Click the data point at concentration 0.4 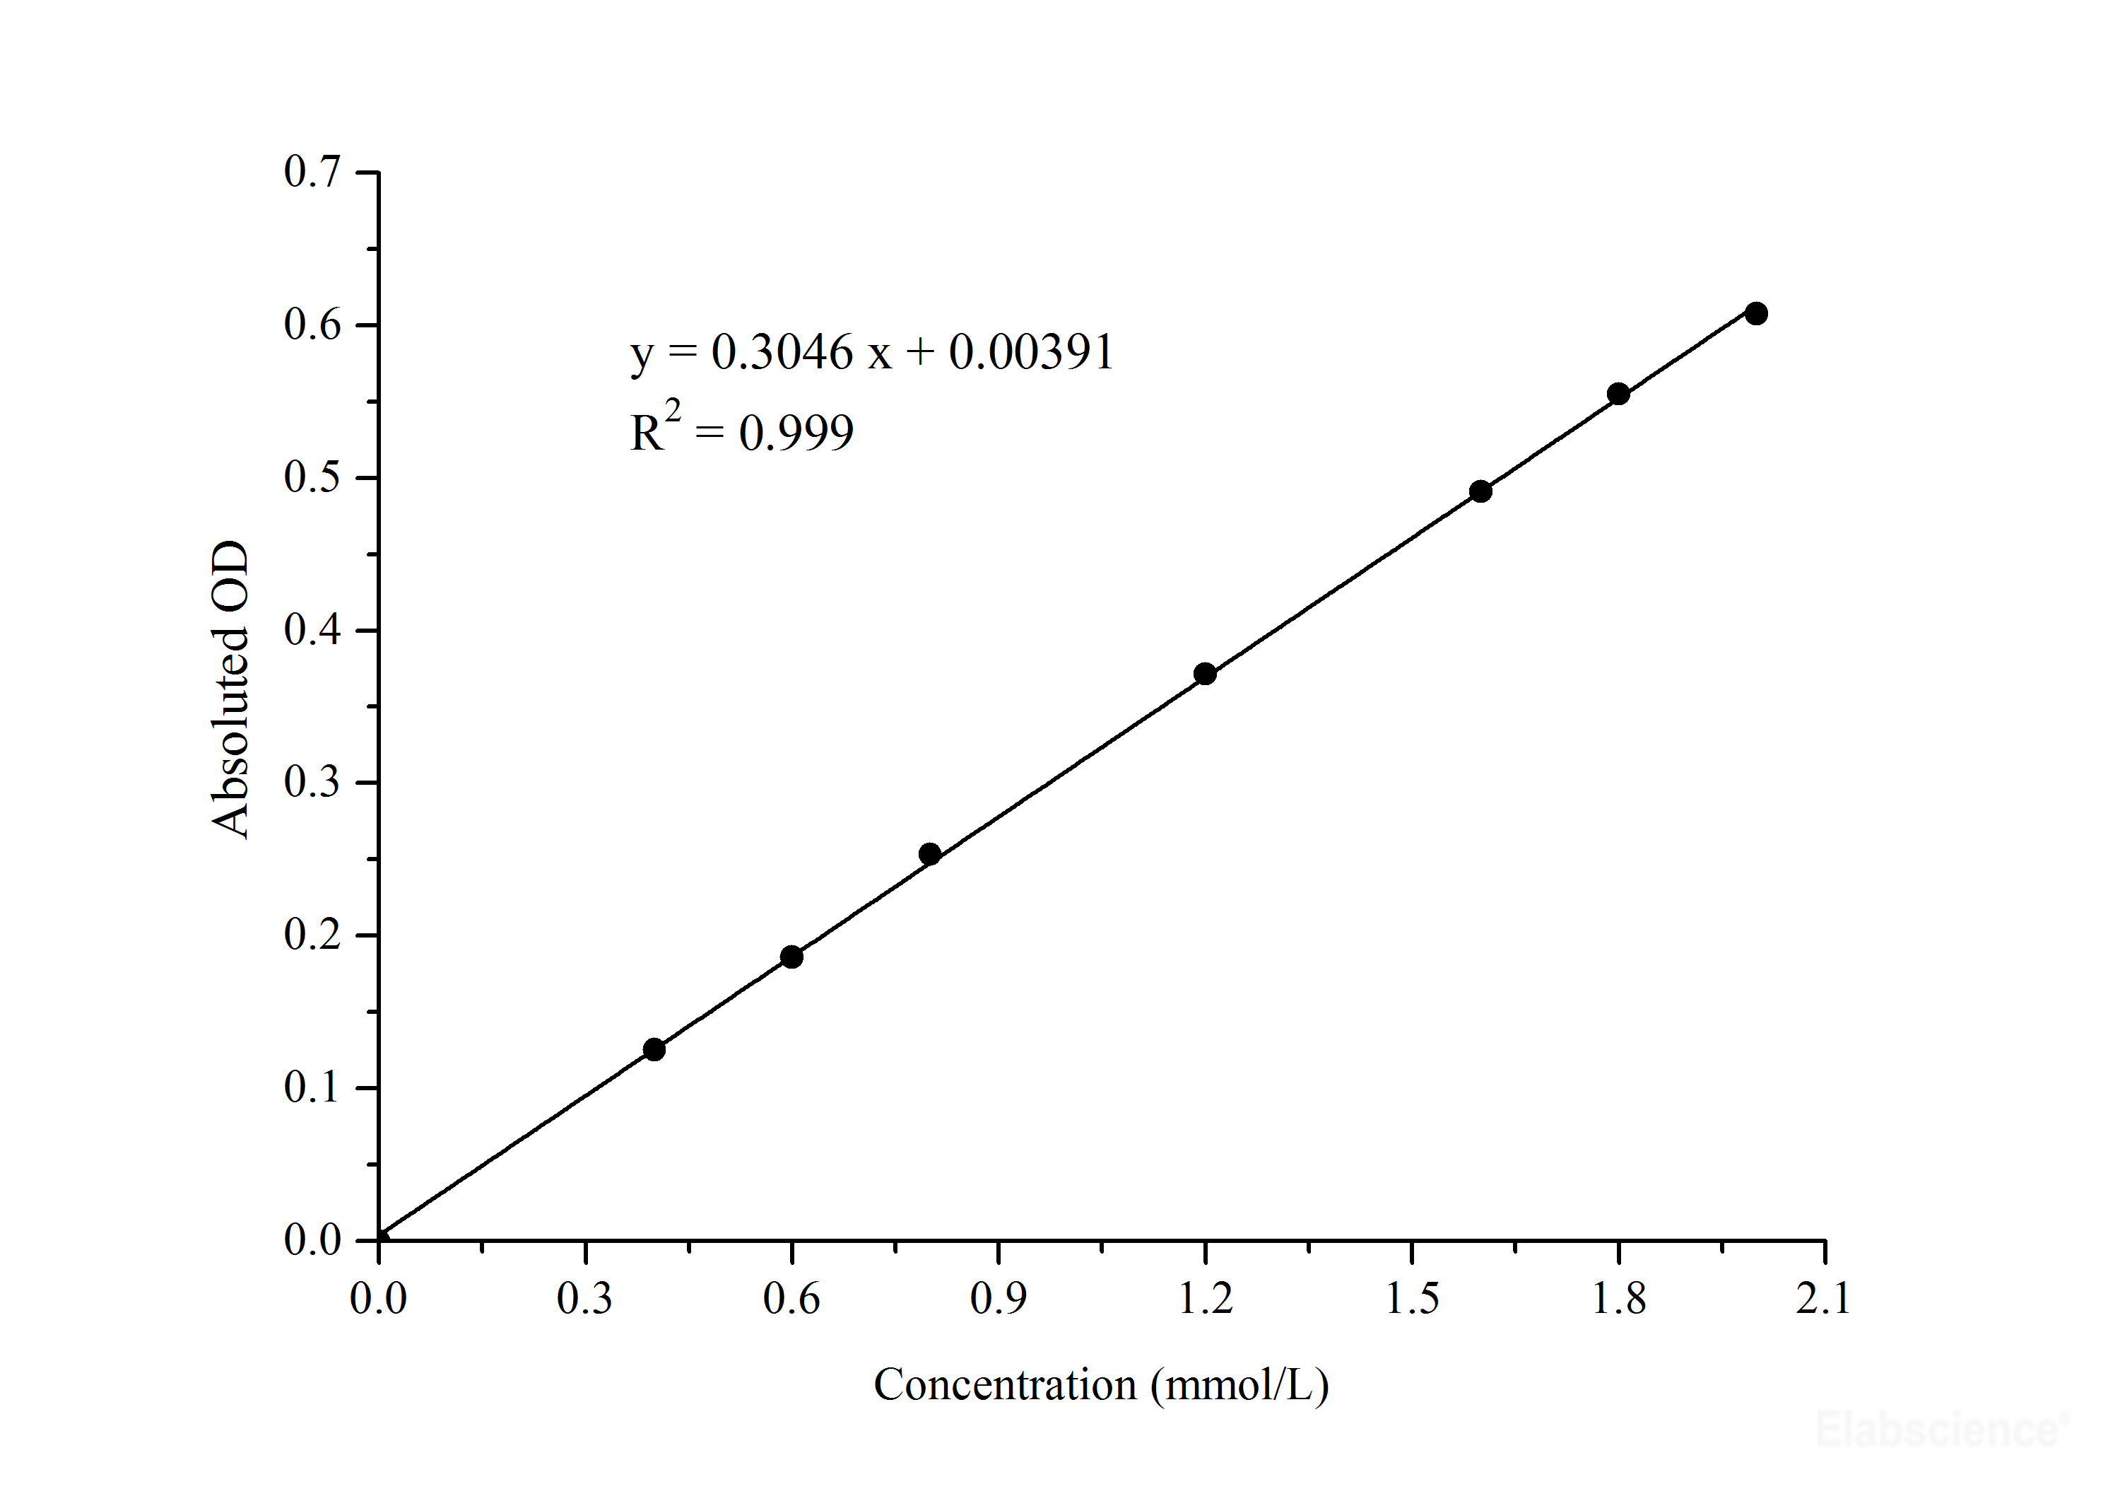[x=654, y=1049]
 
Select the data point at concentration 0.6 [x=791, y=957]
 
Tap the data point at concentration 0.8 [x=930, y=853]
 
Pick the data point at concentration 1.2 [x=1205, y=673]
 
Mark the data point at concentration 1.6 [x=1480, y=491]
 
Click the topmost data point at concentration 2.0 [x=1756, y=313]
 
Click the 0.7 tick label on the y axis [x=312, y=173]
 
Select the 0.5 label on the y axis [x=312, y=477]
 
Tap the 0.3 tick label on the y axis [x=312, y=783]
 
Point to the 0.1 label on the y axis [x=312, y=1088]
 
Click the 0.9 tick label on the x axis [x=998, y=1300]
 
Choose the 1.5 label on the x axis [x=1412, y=1300]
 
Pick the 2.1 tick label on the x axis [x=1824, y=1300]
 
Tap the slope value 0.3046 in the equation [x=782, y=353]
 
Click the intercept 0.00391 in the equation [x=1031, y=353]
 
